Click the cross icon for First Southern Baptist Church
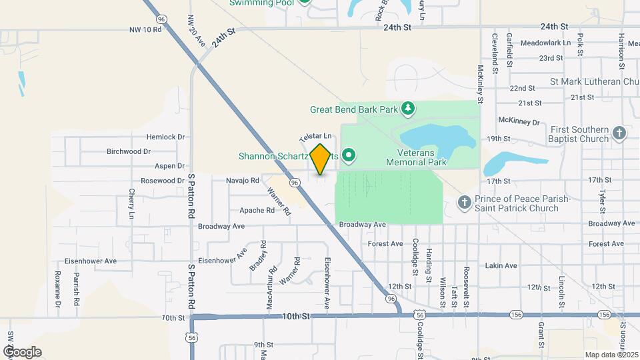(x=619, y=133)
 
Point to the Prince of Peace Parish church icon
(x=465, y=201)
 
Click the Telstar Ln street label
(x=315, y=135)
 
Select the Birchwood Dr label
(x=128, y=151)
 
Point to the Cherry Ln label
(x=131, y=204)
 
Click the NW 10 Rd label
(x=146, y=30)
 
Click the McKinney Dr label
(x=519, y=121)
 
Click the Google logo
(x=23, y=352)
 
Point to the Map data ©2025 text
(x=610, y=355)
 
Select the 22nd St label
(x=522, y=88)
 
